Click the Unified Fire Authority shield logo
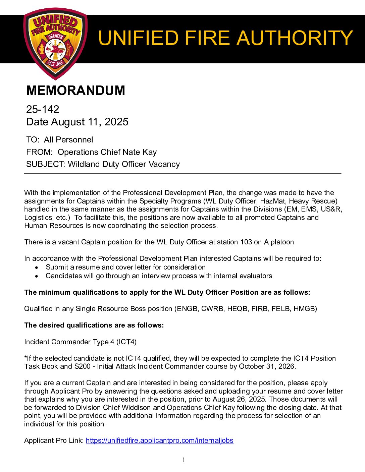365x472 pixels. coord(55,44)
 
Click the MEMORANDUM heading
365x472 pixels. coord(75,91)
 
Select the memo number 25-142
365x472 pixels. coord(43,109)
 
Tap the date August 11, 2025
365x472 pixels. coord(90,122)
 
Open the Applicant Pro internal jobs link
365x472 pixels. coord(159,440)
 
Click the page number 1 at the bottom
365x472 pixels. coord(184,460)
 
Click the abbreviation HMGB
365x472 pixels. coord(305,309)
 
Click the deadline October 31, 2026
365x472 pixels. coord(267,366)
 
